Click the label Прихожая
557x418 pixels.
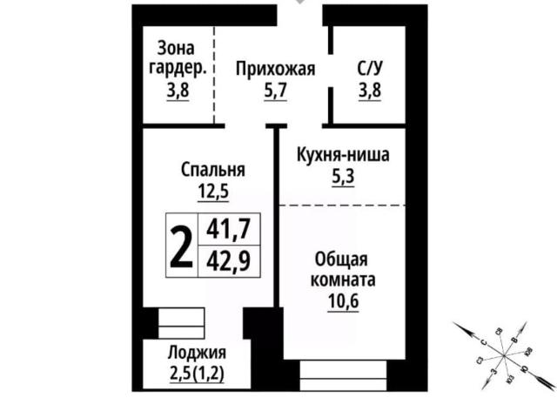point(275,68)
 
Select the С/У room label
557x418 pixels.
point(368,68)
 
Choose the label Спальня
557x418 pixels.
point(213,169)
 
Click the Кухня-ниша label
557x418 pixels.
point(343,157)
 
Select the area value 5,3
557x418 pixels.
point(343,178)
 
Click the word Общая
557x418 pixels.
point(343,260)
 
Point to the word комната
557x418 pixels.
point(343,281)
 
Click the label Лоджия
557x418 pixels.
point(198,353)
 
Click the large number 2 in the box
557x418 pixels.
point(181,246)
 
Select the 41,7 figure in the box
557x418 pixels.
point(228,230)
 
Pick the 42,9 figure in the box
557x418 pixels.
point(228,260)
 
